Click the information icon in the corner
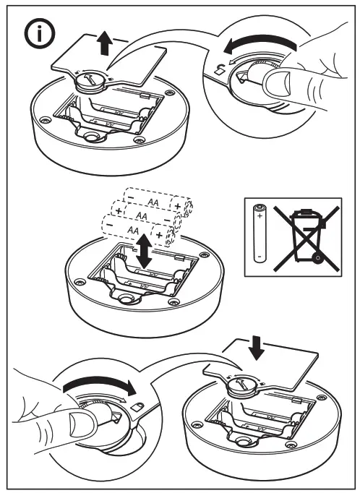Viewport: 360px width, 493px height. [40, 33]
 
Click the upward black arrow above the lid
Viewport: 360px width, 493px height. [105, 44]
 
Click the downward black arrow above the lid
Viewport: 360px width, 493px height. [256, 348]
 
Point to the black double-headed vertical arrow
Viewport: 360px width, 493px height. [144, 251]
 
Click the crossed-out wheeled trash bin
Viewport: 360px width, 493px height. [307, 238]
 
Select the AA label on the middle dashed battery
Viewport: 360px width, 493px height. [142, 216]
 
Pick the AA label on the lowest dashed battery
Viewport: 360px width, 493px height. [133, 230]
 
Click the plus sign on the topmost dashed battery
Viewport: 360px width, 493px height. [178, 206]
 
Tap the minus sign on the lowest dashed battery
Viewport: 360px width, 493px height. [109, 225]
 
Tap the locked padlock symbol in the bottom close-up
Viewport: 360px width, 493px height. [137, 406]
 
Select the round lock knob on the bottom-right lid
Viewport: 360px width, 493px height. [242, 387]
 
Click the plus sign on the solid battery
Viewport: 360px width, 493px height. [260, 216]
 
